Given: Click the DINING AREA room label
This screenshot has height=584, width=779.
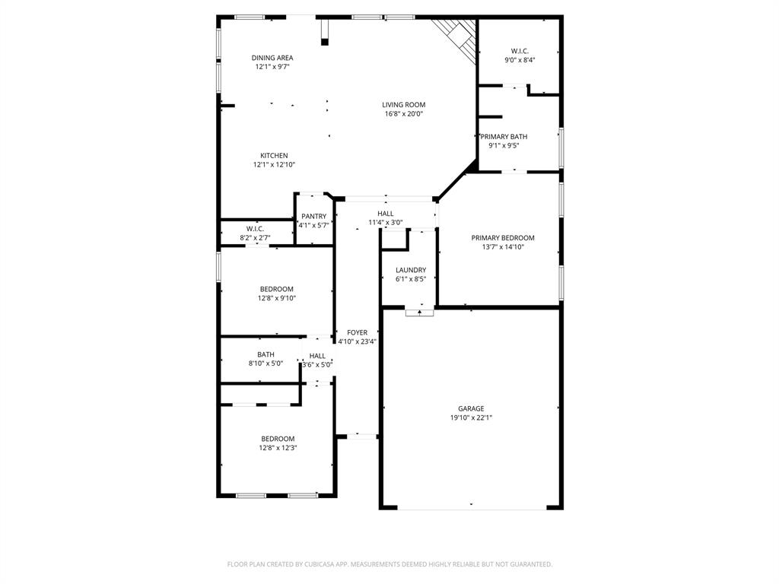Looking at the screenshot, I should (x=272, y=58).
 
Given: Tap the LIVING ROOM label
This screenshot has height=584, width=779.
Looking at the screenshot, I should (x=403, y=105).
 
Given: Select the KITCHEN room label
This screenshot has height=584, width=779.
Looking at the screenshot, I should (x=274, y=156).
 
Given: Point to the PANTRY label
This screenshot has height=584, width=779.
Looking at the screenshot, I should (x=313, y=217).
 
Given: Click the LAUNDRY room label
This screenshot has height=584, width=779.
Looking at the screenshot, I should (x=411, y=270).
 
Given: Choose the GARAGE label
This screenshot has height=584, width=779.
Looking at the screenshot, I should (x=471, y=408).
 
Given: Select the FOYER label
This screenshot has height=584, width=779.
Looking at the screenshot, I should (x=358, y=333).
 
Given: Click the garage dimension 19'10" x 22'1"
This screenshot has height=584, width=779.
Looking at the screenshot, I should (x=471, y=417).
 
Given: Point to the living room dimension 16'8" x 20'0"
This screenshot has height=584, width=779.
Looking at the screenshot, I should (x=403, y=114).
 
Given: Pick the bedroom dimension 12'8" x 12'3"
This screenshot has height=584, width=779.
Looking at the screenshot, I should (x=278, y=448).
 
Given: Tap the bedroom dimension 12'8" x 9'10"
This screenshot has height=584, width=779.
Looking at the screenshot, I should (x=277, y=298).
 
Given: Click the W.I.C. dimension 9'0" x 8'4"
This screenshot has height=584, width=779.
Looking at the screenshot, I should (x=520, y=60).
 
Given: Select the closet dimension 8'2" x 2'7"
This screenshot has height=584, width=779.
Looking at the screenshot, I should (x=255, y=238).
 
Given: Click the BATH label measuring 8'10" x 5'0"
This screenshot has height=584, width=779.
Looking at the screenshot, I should (x=265, y=354).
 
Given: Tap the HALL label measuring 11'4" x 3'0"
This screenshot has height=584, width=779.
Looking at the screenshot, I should (x=386, y=214).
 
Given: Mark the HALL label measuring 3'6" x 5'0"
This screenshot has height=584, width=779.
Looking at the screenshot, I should (x=317, y=356).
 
